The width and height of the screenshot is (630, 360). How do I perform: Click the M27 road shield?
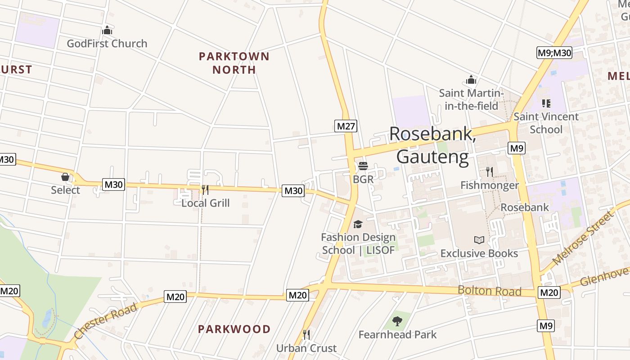[346, 126]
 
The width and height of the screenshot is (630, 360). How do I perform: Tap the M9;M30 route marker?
[554, 53]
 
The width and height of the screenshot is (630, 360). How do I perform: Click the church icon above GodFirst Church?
[107, 31]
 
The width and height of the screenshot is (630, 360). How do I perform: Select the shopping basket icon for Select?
[65, 177]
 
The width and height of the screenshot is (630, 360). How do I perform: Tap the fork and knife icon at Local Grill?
[205, 189]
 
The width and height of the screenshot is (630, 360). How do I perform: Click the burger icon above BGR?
[363, 166]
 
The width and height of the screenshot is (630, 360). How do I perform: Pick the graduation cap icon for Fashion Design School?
[358, 224]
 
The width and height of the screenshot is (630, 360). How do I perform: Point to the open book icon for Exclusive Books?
[479, 240]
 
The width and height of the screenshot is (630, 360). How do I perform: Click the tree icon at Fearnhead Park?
[397, 321]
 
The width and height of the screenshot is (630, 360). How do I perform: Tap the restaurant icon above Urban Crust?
[306, 334]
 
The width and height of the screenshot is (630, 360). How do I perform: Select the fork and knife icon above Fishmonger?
[490, 171]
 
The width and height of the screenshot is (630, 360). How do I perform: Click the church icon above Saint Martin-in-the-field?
[471, 80]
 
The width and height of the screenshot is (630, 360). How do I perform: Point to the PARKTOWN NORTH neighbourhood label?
[234, 63]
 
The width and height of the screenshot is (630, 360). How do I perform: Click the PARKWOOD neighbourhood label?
[234, 329]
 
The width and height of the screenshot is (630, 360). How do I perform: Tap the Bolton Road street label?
[490, 291]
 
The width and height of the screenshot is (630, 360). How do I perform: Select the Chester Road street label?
[105, 321]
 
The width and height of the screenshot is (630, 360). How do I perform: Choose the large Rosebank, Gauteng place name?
[432, 145]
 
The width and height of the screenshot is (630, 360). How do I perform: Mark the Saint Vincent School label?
[546, 123]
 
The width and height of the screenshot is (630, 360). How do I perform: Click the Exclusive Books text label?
[479, 253]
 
